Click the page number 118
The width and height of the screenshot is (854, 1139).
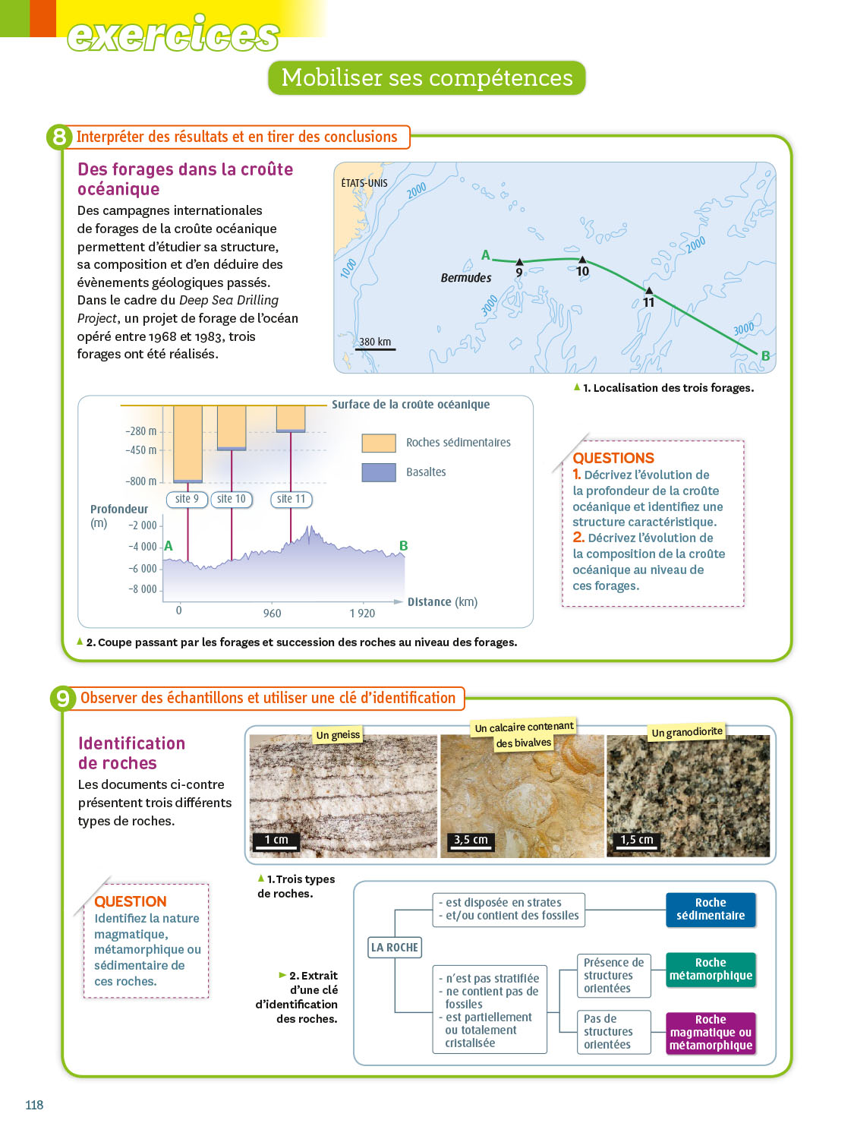coord(34,1105)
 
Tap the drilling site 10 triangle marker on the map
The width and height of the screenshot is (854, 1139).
coord(582,260)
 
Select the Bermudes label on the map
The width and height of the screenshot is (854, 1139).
coord(466,278)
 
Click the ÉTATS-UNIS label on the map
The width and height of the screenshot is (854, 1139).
coord(364,183)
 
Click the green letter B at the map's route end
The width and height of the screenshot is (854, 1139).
coord(765,355)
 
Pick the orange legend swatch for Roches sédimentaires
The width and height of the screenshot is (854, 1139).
coord(379,443)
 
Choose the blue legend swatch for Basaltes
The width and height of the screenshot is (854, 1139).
coord(379,472)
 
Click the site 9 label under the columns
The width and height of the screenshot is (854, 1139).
coord(187,499)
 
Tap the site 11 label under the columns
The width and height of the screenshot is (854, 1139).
coord(291,499)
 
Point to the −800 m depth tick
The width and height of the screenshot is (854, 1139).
coord(141,481)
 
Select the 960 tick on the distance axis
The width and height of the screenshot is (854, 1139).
coord(272,614)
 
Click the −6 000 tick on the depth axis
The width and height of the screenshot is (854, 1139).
coord(143,569)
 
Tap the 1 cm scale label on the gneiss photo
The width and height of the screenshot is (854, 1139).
coord(276,840)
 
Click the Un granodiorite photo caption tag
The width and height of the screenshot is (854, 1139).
coord(686,732)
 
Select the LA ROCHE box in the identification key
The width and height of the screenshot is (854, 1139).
coord(394,948)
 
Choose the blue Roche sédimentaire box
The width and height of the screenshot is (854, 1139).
coord(711,910)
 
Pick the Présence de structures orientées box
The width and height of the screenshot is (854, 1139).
coord(613,976)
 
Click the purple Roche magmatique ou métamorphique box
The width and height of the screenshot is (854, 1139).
coord(711,1033)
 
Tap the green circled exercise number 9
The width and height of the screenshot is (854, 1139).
coord(62,699)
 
